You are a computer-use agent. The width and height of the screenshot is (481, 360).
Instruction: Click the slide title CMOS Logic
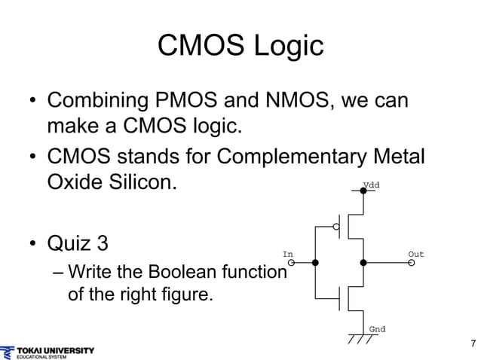tap(240, 46)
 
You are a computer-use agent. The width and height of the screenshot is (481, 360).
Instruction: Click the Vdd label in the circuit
tap(372, 185)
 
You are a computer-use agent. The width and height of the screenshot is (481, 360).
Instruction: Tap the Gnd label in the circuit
tap(377, 329)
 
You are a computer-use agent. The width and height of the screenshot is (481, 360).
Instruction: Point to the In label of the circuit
tap(287, 254)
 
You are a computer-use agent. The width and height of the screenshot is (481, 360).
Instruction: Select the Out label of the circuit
tap(416, 254)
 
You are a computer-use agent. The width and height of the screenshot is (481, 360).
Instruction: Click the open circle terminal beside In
tap(292, 263)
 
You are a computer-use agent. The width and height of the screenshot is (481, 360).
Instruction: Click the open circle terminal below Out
tap(412, 263)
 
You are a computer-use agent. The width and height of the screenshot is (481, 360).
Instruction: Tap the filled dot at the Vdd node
tap(363, 191)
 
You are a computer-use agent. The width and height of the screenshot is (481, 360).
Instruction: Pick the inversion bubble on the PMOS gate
tap(337, 226)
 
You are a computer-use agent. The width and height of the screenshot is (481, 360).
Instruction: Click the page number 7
tap(473, 344)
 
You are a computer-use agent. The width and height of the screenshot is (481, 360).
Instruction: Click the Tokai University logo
tap(48, 352)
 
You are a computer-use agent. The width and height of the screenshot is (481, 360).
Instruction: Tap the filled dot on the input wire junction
tap(315, 263)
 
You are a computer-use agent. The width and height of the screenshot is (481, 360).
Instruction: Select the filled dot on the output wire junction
tap(363, 263)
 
